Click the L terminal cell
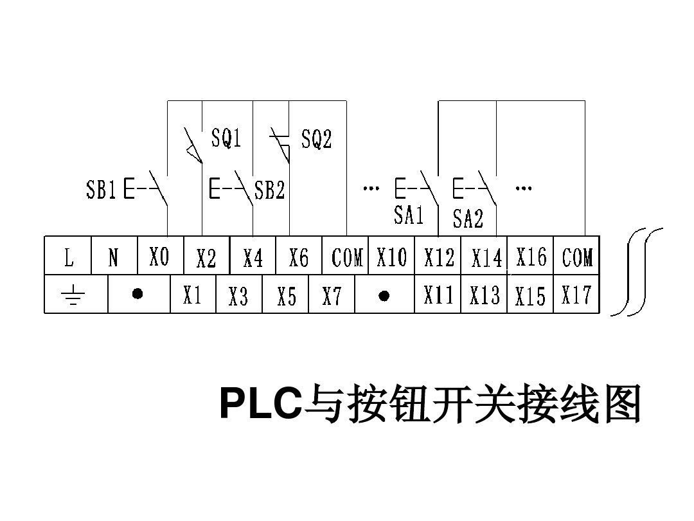[x=68, y=257]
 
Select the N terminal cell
[x=114, y=257]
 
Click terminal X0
[x=159, y=257]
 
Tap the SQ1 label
[x=226, y=137]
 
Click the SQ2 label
[x=316, y=138]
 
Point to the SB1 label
[x=101, y=190]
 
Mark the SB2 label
[x=269, y=190]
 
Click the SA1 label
[x=409, y=214]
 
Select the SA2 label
[x=467, y=219]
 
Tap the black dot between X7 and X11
[x=384, y=295]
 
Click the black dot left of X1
[x=137, y=294]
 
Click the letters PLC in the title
[x=260, y=403]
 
